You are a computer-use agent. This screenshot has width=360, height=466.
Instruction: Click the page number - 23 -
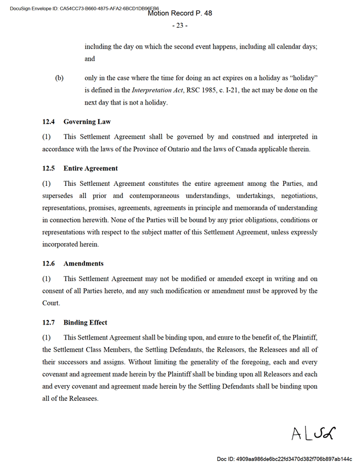pyautogui.click(x=180, y=25)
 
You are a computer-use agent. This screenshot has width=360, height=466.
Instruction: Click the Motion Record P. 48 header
pyautogui.click(x=180, y=13)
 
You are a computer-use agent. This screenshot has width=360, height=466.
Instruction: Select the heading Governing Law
pyautogui.click(x=87, y=122)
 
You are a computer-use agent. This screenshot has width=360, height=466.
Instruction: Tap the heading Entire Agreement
pyautogui.click(x=91, y=169)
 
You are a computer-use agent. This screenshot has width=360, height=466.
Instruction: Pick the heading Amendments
pyautogui.click(x=84, y=263)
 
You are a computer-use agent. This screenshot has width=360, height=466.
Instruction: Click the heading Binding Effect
pyautogui.click(x=86, y=322)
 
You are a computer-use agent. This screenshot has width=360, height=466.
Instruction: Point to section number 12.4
pyautogui.click(x=49, y=122)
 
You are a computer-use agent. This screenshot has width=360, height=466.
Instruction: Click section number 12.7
pyautogui.click(x=49, y=322)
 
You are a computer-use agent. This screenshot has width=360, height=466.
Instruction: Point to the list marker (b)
pyautogui.click(x=59, y=78)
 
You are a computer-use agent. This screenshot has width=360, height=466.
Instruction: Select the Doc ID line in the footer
pyautogui.click(x=284, y=458)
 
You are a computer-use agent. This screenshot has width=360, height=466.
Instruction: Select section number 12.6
pyautogui.click(x=49, y=263)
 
